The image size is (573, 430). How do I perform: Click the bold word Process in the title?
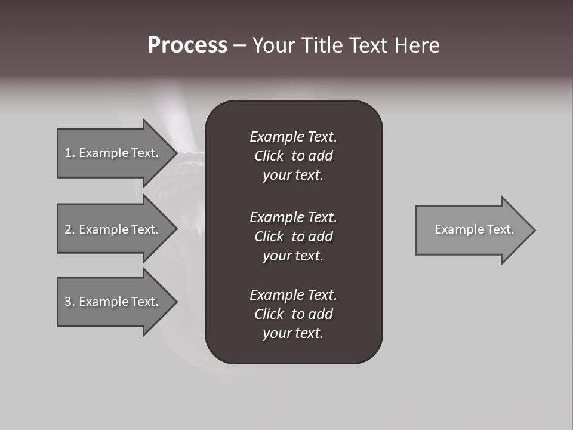click(x=187, y=45)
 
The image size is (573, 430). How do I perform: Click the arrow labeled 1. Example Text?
click(x=113, y=153)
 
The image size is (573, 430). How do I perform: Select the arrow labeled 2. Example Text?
click(x=113, y=229)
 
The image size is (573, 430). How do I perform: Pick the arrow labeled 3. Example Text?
click(x=113, y=302)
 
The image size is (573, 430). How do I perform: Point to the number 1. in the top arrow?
click(x=69, y=153)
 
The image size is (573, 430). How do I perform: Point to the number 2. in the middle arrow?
click(x=69, y=229)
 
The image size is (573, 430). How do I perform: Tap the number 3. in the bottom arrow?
click(x=69, y=302)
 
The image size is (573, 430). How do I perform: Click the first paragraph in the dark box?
click(x=293, y=156)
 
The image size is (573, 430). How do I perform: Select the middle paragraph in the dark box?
click(x=293, y=236)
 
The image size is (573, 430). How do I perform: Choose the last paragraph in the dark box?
click(x=293, y=314)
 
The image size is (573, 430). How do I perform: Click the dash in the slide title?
click(x=239, y=46)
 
